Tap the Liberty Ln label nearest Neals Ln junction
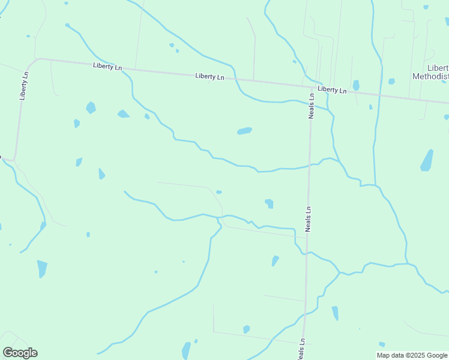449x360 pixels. click(x=332, y=90)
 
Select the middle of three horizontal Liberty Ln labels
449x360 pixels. click(x=209, y=77)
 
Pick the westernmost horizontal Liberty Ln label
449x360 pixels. click(x=107, y=66)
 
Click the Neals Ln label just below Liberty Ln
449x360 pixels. click(x=312, y=106)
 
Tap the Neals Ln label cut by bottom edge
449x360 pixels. click(x=301, y=349)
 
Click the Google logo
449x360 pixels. click(x=20, y=353)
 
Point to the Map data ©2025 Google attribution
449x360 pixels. click(x=411, y=355)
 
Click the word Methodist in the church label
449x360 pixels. click(x=430, y=76)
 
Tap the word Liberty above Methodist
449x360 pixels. click(x=438, y=67)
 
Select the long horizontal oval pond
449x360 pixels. click(x=244, y=131)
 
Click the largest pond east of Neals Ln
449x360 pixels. click(x=427, y=160)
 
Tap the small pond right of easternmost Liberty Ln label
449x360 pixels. click(x=356, y=85)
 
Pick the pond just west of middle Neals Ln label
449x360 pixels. click(x=269, y=203)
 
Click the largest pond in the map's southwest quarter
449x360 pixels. click(x=42, y=268)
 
